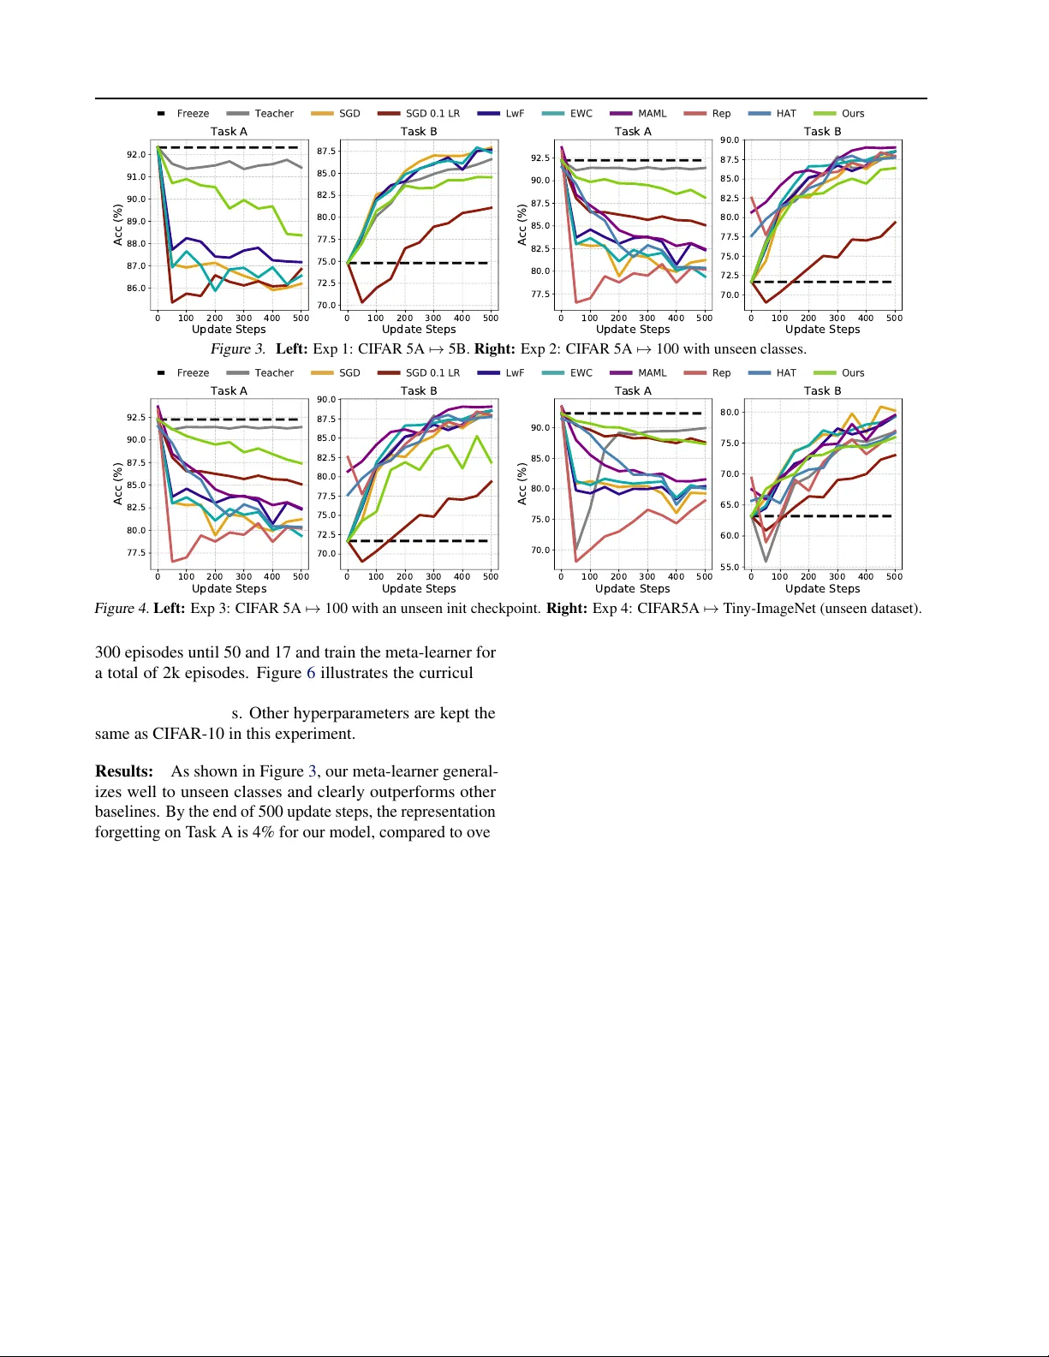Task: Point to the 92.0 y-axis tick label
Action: click(x=136, y=155)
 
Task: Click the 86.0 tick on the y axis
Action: click(x=136, y=289)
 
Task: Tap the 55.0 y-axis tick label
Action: click(x=730, y=568)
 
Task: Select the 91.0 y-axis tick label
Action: click(x=136, y=177)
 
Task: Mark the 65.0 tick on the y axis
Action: click(x=730, y=505)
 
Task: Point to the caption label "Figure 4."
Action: click(x=121, y=609)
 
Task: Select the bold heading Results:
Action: click(x=124, y=771)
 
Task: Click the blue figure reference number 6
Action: click(x=311, y=673)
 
